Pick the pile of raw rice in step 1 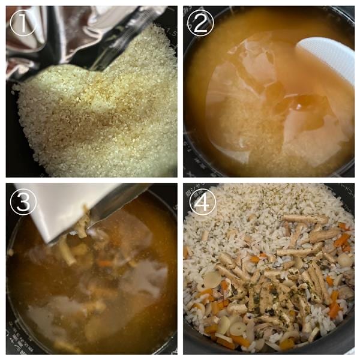(102, 114)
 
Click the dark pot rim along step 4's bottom (270, 352)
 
